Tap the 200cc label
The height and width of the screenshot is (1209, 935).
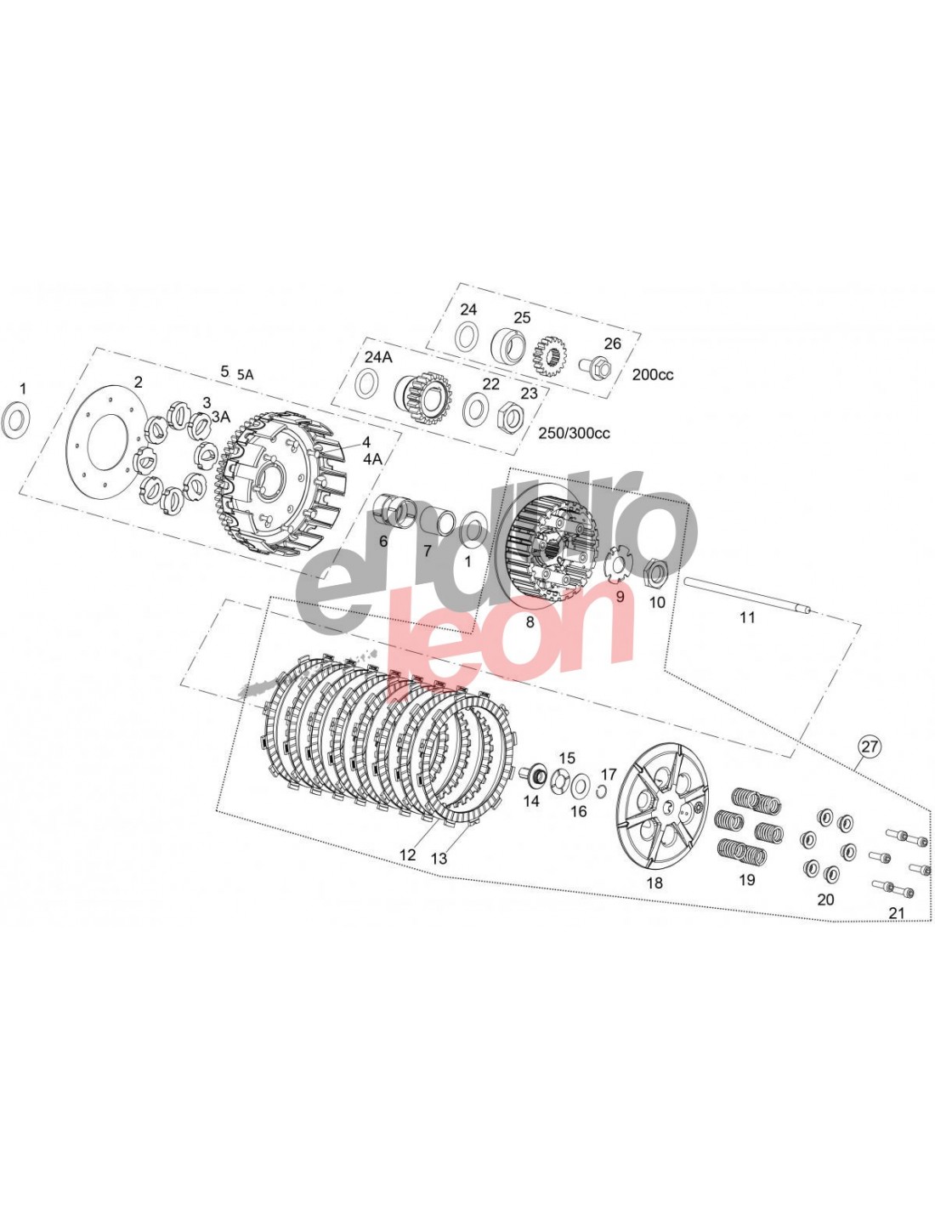coord(653,374)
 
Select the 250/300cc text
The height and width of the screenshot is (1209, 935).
coord(574,433)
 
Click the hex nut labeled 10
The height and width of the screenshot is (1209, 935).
coord(656,570)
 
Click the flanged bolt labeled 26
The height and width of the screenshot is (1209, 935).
coord(594,366)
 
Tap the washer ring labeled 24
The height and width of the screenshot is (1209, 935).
coord(467,337)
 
